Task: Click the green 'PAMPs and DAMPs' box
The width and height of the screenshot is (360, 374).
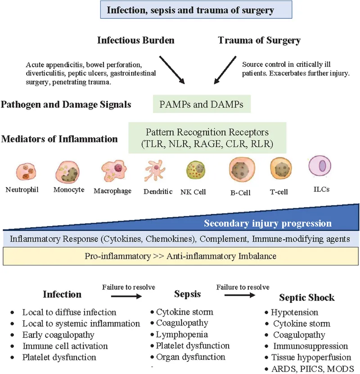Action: pos(202,104)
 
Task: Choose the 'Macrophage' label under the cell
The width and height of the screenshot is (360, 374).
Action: pos(112,191)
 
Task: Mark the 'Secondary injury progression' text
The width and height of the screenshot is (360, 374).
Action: pos(268,223)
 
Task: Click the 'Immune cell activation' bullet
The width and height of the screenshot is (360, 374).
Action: pos(65,346)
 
